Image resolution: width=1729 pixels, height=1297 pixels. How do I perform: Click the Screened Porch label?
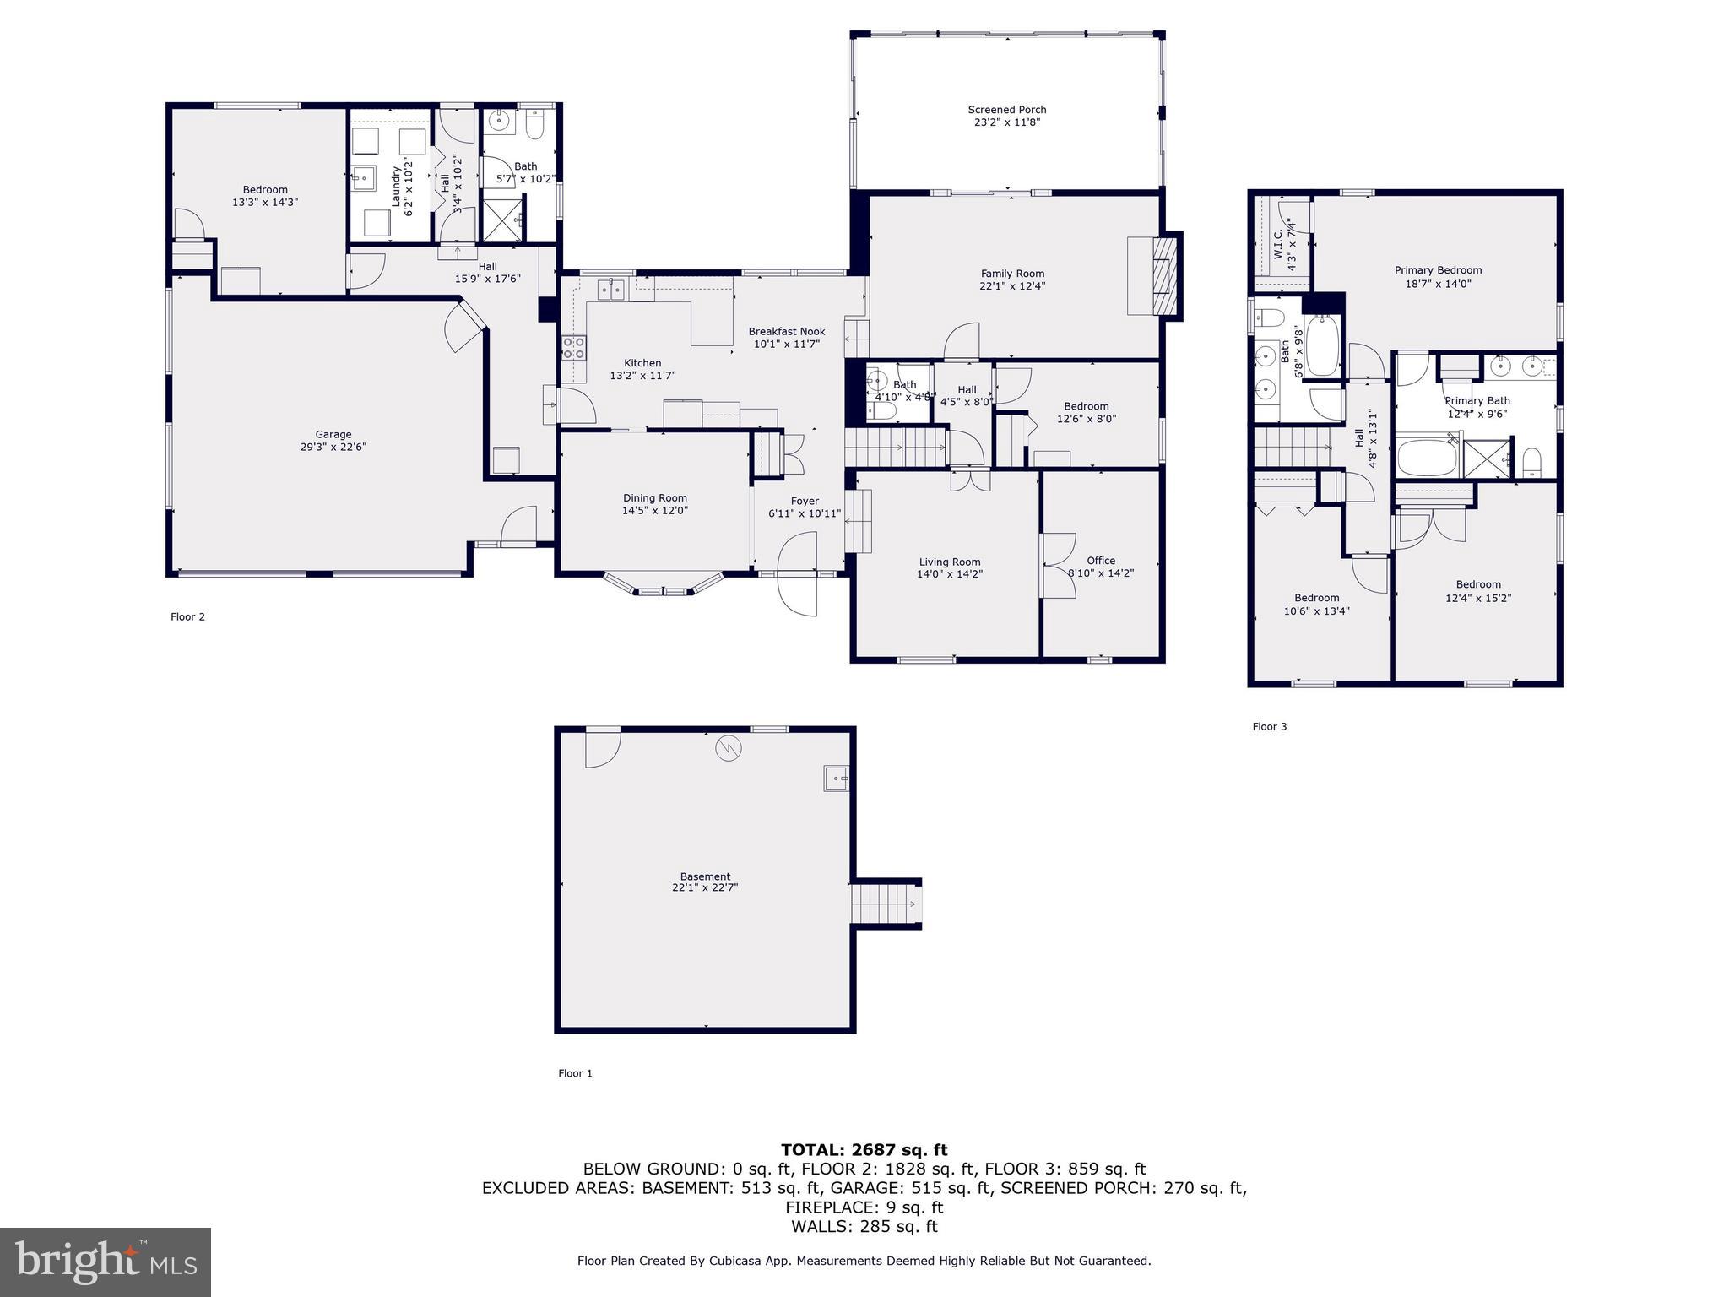coord(1006,110)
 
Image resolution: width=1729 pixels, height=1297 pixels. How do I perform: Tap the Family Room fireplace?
coord(1164,275)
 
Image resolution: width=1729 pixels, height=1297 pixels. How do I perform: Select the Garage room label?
coord(333,435)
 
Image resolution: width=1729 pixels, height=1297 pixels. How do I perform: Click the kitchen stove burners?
coord(574,348)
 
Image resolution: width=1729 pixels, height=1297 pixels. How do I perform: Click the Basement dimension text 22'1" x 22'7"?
coord(705,887)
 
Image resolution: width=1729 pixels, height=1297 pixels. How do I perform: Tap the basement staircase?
coord(885,904)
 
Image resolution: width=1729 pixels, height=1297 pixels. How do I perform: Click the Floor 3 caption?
coord(1269,726)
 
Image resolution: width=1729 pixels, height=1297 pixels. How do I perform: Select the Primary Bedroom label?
coord(1438,270)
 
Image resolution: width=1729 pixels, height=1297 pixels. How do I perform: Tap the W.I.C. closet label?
coord(1278,244)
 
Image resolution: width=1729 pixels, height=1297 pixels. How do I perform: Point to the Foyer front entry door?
coord(798,573)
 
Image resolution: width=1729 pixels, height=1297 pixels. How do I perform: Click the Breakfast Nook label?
coord(786,332)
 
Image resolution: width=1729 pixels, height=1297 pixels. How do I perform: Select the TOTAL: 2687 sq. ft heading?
coord(864,1150)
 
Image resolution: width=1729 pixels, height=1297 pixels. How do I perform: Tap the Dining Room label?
coord(654,498)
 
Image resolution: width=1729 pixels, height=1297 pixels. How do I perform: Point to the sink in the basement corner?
coord(836,778)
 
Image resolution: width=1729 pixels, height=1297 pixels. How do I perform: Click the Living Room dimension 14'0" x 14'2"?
coord(949,574)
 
